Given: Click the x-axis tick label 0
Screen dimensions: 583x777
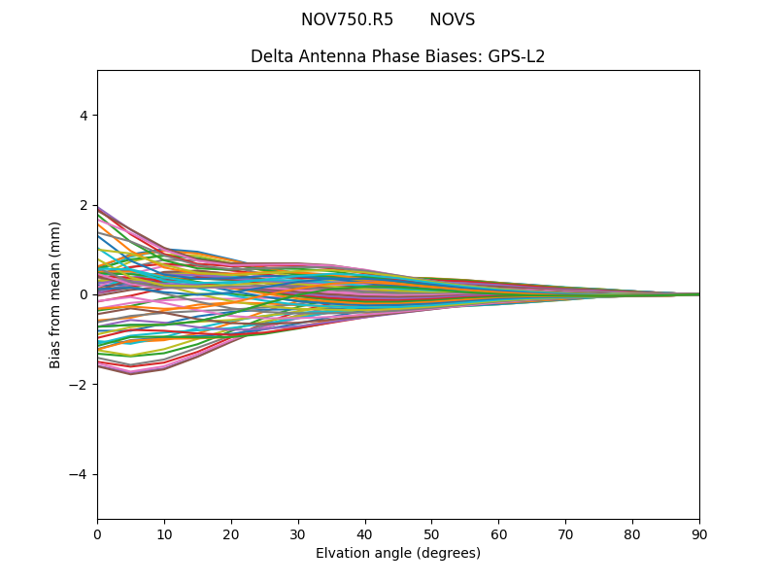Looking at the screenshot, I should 97,533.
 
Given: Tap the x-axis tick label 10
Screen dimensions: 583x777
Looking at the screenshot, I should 164,533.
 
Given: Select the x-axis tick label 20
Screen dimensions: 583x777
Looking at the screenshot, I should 231,533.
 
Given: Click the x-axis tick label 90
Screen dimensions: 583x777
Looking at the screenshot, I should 699,533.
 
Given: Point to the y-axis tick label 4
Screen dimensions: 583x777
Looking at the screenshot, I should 84,116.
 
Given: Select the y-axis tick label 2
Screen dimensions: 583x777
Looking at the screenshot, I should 84,205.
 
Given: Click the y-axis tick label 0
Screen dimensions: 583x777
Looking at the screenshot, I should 84,294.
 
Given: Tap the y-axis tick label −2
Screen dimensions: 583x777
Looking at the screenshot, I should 80,384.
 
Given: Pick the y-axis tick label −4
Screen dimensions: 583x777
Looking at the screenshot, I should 80,474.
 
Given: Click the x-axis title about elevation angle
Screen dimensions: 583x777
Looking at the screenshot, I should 398,553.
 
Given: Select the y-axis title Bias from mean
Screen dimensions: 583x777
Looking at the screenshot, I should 55,294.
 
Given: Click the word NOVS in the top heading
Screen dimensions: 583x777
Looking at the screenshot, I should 452,19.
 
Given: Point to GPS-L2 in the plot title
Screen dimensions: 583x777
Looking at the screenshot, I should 516,56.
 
